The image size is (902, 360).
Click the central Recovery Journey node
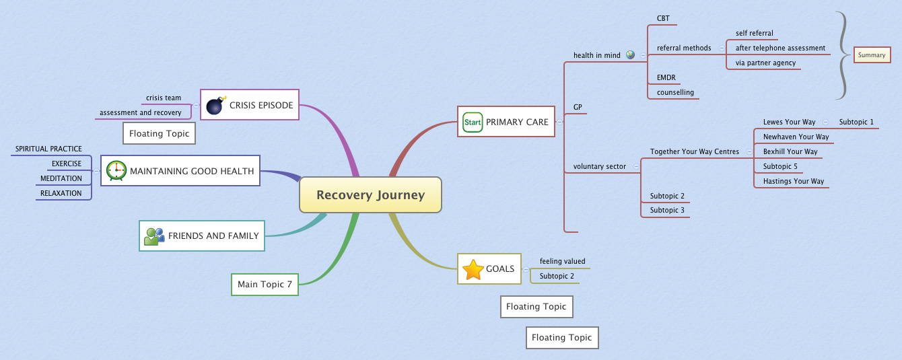[x=370, y=195]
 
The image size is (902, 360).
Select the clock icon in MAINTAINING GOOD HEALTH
[x=116, y=171]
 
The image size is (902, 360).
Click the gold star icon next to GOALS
[x=473, y=269]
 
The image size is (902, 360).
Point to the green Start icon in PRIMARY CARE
[x=473, y=122]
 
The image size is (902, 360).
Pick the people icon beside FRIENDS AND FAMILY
[x=154, y=236]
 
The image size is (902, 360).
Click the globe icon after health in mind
[x=630, y=55]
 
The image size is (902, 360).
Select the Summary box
[x=872, y=55]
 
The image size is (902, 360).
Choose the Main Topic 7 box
[x=265, y=285]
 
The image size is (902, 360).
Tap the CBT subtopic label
[x=663, y=19]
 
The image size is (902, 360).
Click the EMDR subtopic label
[x=666, y=78]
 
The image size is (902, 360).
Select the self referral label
[x=754, y=34]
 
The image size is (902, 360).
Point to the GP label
[x=578, y=107]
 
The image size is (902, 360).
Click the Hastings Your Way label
[x=793, y=182]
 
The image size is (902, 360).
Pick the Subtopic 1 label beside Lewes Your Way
[x=856, y=122]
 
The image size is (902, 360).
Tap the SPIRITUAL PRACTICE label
[x=48, y=149]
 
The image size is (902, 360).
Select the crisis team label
[x=164, y=98]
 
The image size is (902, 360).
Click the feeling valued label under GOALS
[x=562, y=262]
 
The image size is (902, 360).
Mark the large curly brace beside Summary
[x=841, y=55]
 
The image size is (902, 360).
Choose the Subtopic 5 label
[x=780, y=167]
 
